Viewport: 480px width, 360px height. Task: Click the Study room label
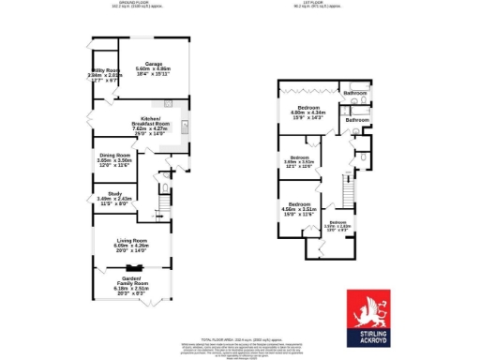coord(104,193)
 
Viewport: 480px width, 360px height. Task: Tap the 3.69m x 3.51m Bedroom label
coord(298,157)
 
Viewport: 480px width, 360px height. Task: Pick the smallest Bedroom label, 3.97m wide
coord(337,222)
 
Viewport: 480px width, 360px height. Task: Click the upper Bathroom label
coord(354,94)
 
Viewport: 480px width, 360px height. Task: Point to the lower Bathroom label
coord(356,120)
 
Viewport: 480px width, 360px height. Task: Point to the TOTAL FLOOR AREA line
coord(221,341)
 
